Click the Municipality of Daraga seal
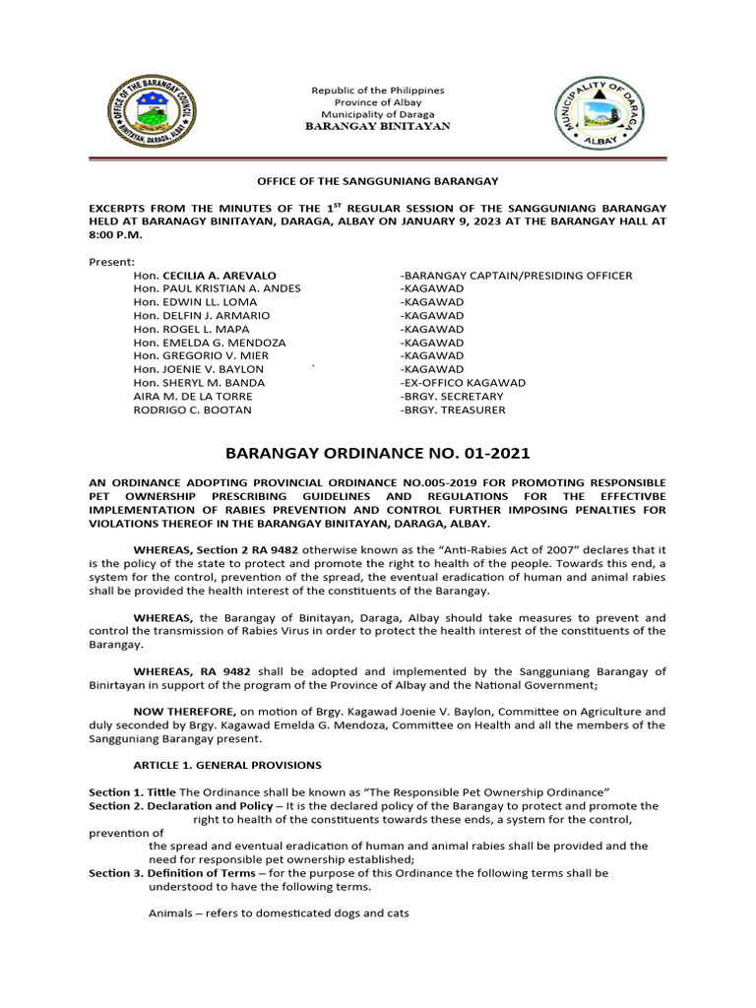[599, 111]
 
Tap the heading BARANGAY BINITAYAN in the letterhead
[377, 127]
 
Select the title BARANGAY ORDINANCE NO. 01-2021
[378, 454]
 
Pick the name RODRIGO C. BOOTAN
[192, 409]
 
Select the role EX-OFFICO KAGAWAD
[463, 382]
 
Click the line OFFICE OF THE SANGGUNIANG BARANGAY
[378, 181]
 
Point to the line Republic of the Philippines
[378, 90]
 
